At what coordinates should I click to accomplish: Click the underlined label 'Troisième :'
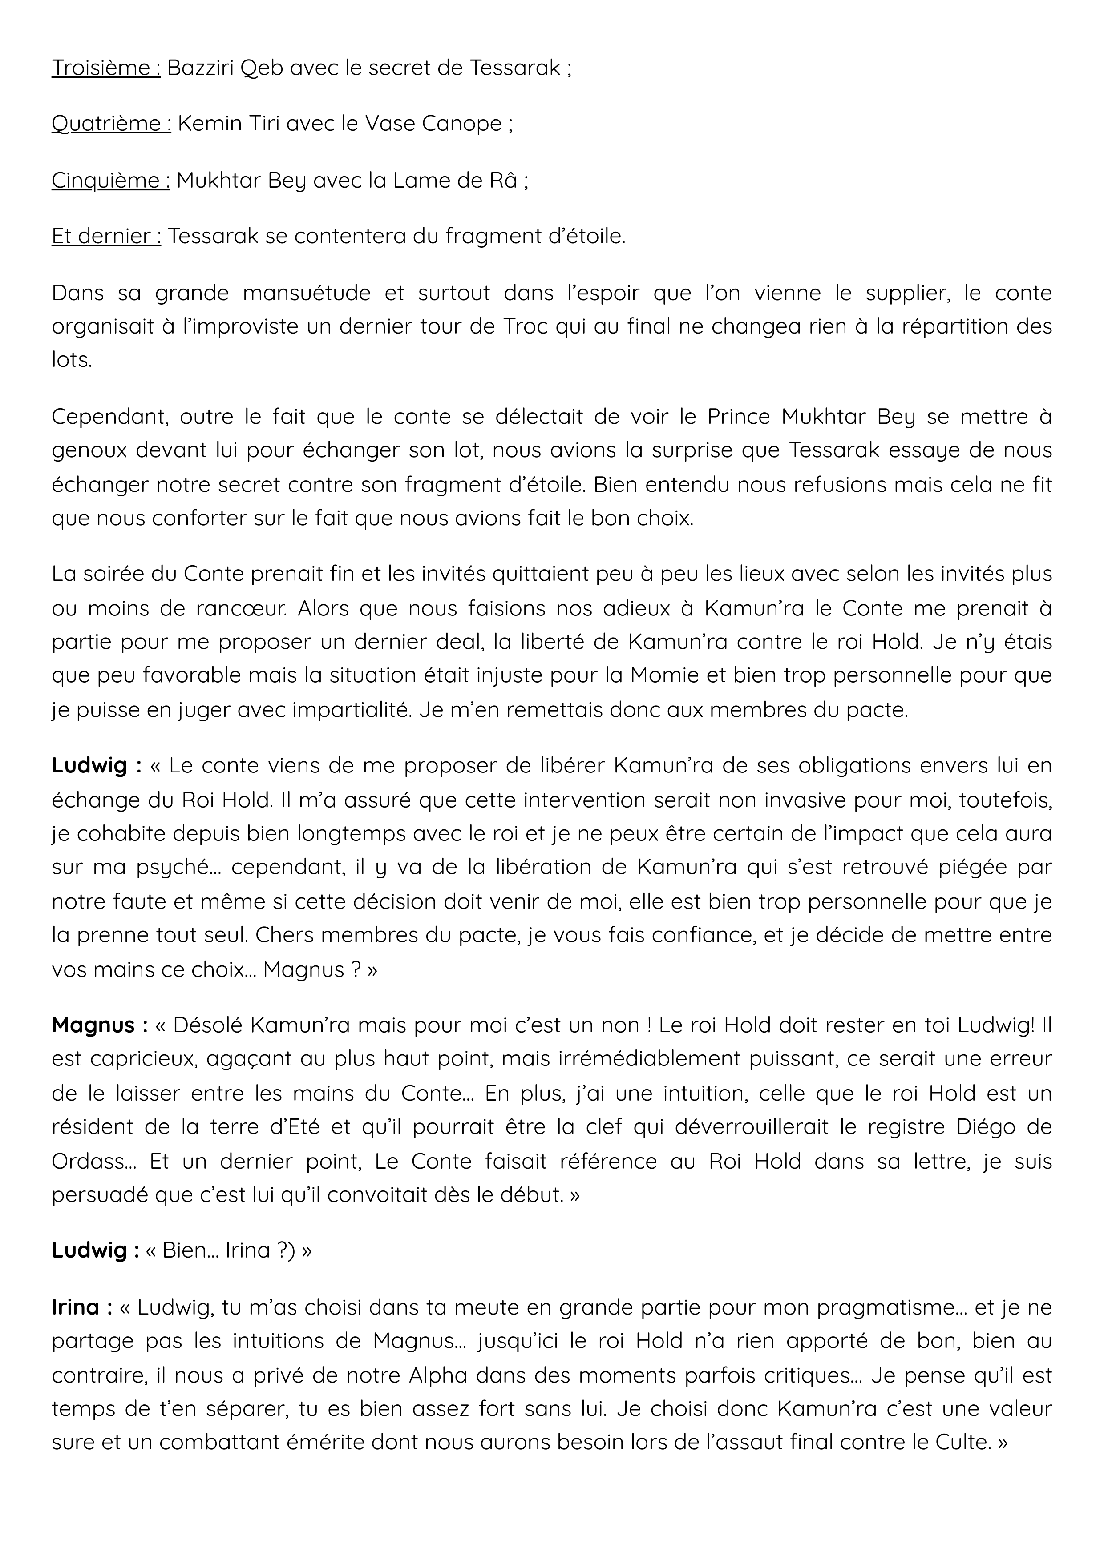(x=106, y=68)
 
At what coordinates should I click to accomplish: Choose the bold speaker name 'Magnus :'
(x=99, y=1025)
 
